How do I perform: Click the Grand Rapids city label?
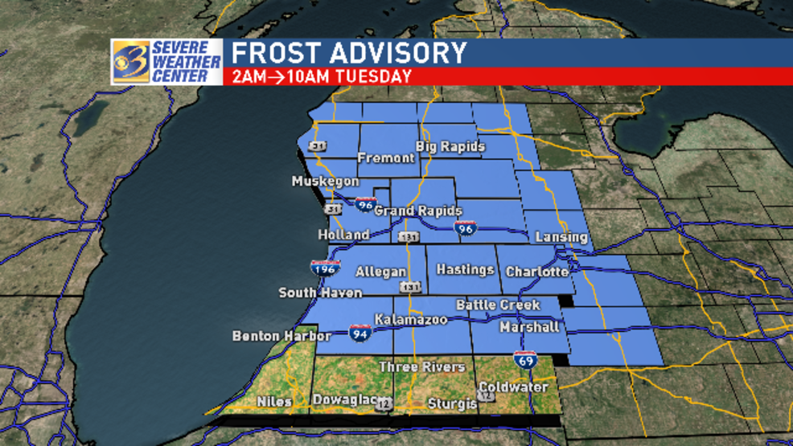pos(418,211)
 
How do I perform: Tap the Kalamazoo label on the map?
pos(410,320)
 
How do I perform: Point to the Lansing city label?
pos(561,237)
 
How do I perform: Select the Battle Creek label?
pos(497,305)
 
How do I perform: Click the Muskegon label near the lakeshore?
pos(325,182)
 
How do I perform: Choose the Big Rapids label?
pos(450,146)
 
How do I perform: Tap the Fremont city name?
pos(385,158)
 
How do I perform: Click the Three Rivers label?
pos(421,366)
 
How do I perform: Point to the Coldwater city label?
pos(512,387)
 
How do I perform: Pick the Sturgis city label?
pos(452,403)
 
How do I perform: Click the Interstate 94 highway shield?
pos(360,331)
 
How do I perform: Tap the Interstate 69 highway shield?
pos(526,361)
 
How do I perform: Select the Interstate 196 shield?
pos(325,268)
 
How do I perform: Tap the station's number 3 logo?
pos(130,61)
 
